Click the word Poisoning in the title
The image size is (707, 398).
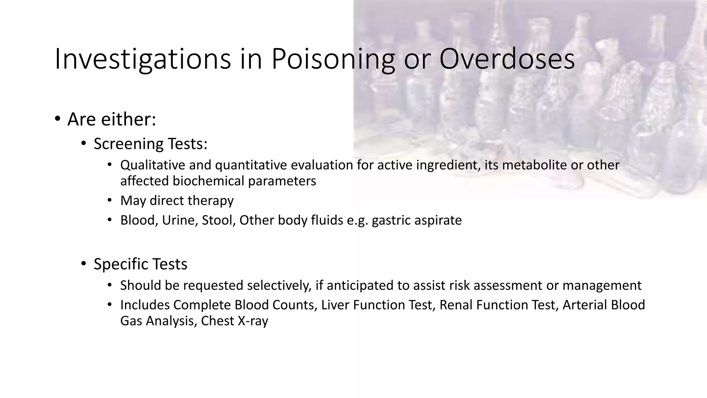[x=333, y=59]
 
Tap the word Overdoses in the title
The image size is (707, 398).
[x=507, y=59]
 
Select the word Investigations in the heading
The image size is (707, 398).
[x=143, y=59]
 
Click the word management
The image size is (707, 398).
[x=602, y=286]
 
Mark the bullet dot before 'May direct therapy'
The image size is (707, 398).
[x=110, y=200]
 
